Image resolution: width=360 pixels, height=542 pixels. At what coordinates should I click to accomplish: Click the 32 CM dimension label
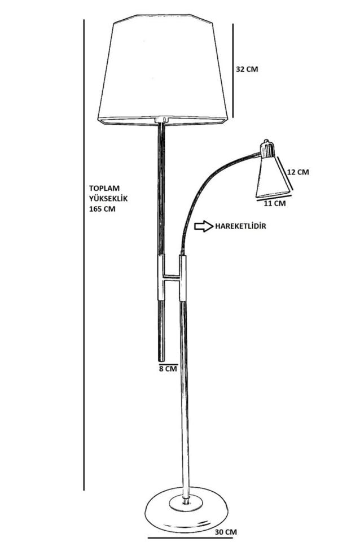pyautogui.click(x=247, y=69)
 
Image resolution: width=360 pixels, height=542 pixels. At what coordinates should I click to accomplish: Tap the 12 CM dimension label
pyautogui.click(x=297, y=172)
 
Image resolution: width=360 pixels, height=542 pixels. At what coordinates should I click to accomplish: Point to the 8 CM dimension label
pyautogui.click(x=168, y=369)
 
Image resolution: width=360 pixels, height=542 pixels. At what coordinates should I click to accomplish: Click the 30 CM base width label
pyautogui.click(x=226, y=532)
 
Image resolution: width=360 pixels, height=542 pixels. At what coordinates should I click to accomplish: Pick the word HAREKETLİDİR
pyautogui.click(x=240, y=226)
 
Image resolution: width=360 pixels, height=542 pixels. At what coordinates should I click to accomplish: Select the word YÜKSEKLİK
pyautogui.click(x=108, y=198)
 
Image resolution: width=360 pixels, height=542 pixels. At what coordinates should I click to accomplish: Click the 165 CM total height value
pyautogui.click(x=102, y=208)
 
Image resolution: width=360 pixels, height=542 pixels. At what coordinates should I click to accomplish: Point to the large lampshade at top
pyautogui.click(x=163, y=71)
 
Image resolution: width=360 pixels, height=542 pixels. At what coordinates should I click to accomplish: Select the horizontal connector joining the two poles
pyautogui.click(x=172, y=277)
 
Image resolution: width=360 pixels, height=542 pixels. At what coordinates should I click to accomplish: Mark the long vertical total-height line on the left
pyautogui.click(x=84, y=254)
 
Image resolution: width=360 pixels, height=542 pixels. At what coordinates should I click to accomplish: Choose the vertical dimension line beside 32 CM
pyautogui.click(x=232, y=71)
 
